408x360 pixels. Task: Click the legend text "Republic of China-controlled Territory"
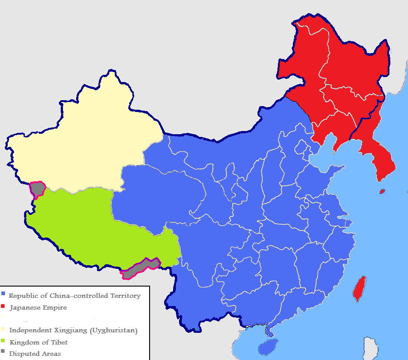pyautogui.click(x=74, y=296)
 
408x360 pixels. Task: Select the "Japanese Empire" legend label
pyautogui.click(x=38, y=307)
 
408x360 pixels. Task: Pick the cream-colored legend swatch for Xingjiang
pyautogui.click(x=3, y=330)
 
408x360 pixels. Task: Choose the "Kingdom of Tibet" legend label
pyautogui.click(x=39, y=342)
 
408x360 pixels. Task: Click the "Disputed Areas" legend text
pyautogui.click(x=35, y=354)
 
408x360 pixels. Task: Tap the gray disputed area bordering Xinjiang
pyautogui.click(x=38, y=189)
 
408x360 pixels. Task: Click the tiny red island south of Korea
pyautogui.click(x=382, y=191)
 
